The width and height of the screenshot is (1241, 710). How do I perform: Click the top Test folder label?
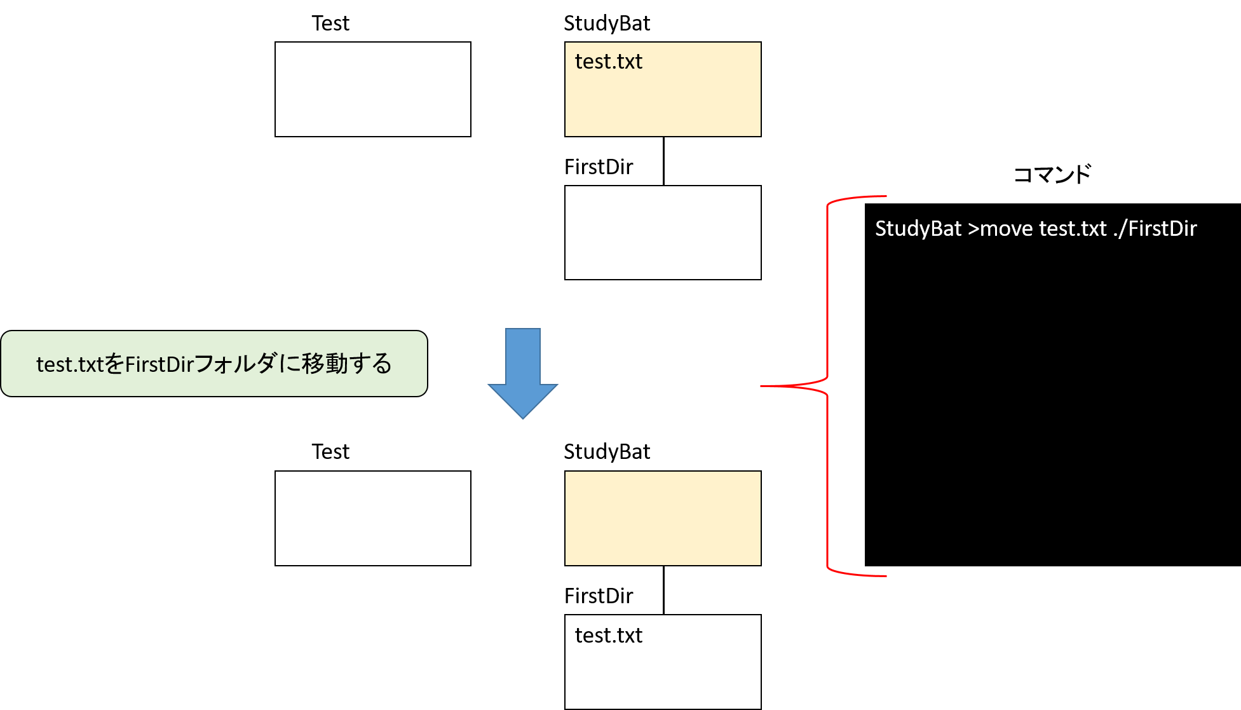330,24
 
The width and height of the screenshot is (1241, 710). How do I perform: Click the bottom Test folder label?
330,452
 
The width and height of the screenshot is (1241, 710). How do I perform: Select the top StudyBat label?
607,24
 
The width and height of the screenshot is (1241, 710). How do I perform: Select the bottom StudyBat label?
607,453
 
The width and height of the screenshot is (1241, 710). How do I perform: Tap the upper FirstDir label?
599,167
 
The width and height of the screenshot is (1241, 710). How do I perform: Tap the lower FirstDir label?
599,596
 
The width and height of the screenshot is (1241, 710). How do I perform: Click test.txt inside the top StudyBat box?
609,62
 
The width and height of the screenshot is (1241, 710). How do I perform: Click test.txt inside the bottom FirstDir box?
609,636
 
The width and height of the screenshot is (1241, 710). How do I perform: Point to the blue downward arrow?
523,373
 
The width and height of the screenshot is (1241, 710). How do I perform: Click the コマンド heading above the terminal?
1052,174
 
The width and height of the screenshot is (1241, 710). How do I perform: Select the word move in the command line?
1007,229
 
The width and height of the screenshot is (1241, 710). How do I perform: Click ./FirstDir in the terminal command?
1155,229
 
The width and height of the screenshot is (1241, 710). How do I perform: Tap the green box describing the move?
214,364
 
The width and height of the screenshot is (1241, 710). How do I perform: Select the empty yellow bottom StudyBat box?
663,519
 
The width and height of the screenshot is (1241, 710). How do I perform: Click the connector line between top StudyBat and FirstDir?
663,161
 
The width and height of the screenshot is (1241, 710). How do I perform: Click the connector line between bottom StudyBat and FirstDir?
663,591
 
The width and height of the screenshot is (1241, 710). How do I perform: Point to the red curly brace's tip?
761,386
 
